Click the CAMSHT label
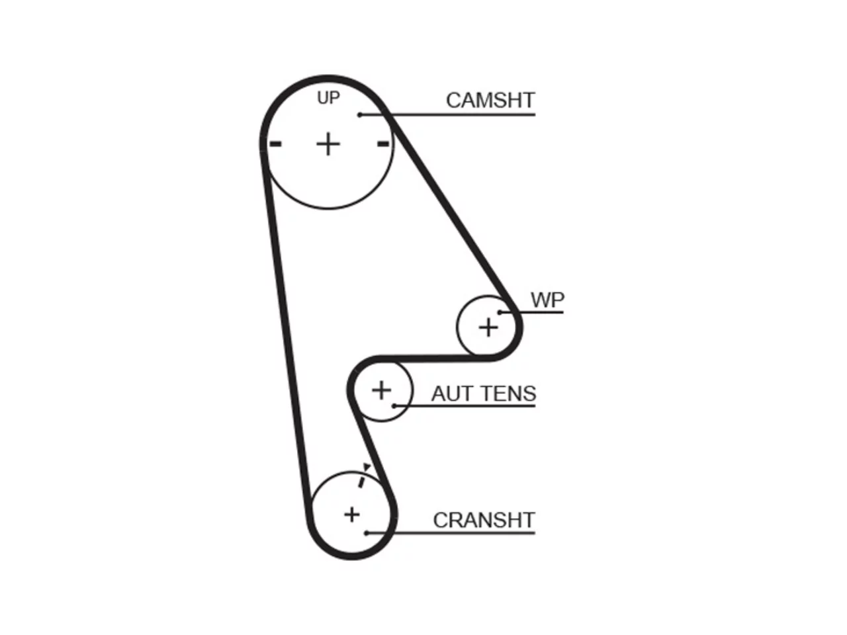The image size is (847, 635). [x=490, y=101]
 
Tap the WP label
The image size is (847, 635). [x=547, y=300]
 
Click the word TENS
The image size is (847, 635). [x=509, y=394]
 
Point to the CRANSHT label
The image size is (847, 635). [x=484, y=520]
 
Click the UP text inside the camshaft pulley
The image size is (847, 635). [x=328, y=98]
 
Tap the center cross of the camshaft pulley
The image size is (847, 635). [x=328, y=145]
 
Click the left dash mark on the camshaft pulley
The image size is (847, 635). [x=275, y=144]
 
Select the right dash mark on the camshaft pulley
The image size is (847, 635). [x=382, y=144]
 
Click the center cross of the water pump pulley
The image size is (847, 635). [x=488, y=327]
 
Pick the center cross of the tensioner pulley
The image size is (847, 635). [x=381, y=390]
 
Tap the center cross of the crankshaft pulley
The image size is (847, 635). [x=351, y=515]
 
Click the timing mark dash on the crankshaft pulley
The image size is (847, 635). [x=361, y=482]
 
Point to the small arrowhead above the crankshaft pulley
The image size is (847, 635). [x=367, y=467]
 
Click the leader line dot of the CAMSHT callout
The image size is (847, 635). [x=359, y=114]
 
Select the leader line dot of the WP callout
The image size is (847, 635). [x=500, y=312]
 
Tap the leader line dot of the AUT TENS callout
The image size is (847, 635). [x=394, y=406]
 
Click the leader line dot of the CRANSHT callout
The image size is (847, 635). [x=366, y=533]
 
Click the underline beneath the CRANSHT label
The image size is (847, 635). [x=451, y=533]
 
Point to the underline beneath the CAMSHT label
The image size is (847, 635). [x=447, y=114]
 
